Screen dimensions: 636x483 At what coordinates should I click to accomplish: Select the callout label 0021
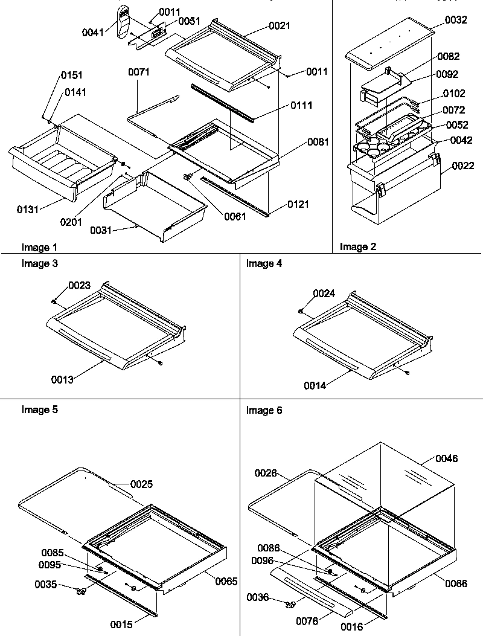pyautogui.click(x=279, y=25)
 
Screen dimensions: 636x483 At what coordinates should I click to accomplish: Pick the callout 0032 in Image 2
pyautogui.click(x=456, y=20)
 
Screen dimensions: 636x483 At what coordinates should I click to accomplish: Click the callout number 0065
pyautogui.click(x=226, y=581)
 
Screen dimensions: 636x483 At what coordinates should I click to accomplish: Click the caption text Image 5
pyautogui.click(x=40, y=410)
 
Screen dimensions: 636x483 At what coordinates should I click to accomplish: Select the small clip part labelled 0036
pyautogui.click(x=291, y=603)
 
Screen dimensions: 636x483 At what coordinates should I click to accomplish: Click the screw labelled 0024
pyautogui.click(x=301, y=311)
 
